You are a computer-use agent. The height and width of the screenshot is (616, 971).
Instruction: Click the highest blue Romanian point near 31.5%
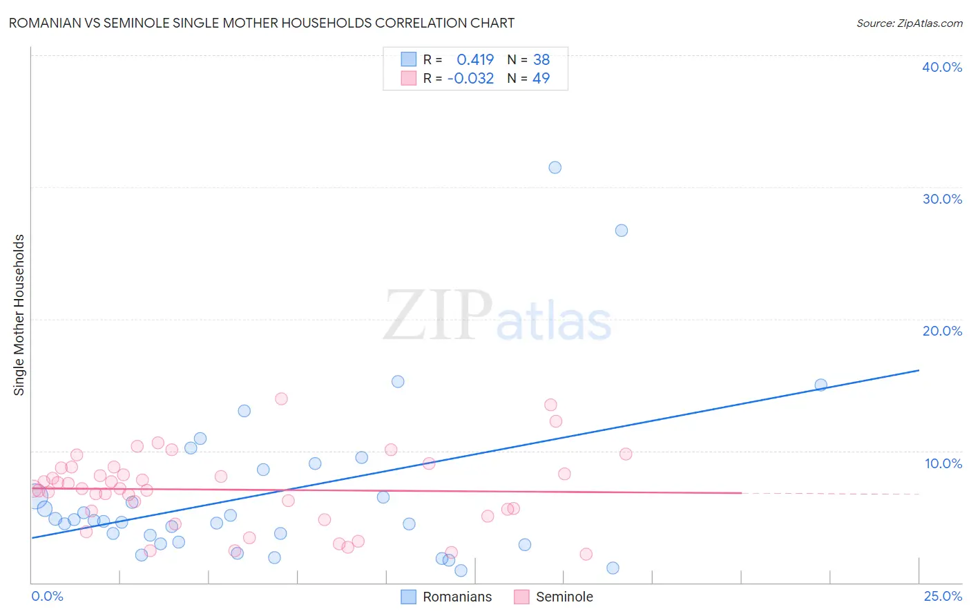coord(555,167)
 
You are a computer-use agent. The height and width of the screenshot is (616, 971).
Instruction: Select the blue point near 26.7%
coord(622,231)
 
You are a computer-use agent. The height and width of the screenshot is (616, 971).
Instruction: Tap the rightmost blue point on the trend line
coord(820,385)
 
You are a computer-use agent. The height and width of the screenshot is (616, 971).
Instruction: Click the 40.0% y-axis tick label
coord(942,67)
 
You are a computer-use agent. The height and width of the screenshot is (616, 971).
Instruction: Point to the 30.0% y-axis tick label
coord(942,199)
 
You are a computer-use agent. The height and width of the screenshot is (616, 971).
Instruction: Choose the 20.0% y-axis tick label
coord(942,331)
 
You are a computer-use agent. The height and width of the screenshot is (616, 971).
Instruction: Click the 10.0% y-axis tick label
coord(943,463)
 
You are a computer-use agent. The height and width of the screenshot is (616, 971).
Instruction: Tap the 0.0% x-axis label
coord(47,596)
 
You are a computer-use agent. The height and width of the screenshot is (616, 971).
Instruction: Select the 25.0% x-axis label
coord(943,596)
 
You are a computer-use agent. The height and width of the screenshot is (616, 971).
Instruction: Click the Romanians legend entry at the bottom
coord(456,597)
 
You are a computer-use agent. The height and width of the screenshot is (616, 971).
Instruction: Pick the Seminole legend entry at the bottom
coord(564,597)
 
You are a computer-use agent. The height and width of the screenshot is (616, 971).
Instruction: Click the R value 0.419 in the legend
coord(475,59)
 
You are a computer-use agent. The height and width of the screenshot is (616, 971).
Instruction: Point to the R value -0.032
coord(470,78)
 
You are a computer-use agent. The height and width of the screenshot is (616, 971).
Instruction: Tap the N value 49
coord(541,78)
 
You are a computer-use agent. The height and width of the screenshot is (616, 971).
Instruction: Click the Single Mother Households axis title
coord(19,315)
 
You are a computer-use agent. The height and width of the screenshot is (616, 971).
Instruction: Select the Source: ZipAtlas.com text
coord(909,23)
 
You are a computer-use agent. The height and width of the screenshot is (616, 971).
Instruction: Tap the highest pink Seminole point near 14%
coord(281,398)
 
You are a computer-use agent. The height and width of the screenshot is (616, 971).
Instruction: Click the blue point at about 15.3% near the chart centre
coord(398,381)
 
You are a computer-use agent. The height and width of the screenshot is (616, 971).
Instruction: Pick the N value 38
coord(541,59)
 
